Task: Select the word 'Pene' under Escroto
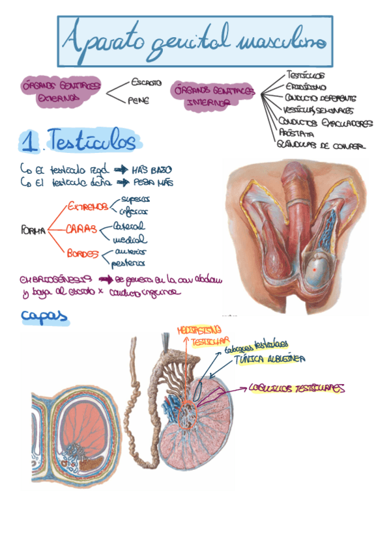pyautogui.click(x=138, y=101)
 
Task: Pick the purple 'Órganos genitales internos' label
pyautogui.click(x=214, y=96)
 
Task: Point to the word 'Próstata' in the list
pyautogui.click(x=295, y=133)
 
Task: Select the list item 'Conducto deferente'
pyautogui.click(x=320, y=98)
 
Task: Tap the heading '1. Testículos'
pyautogui.click(x=78, y=142)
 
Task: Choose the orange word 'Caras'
pyautogui.click(x=82, y=229)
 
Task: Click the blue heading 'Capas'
pyautogui.click(x=44, y=317)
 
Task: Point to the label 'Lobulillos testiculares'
pyautogui.click(x=297, y=389)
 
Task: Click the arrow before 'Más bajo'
pyautogui.click(x=121, y=169)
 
